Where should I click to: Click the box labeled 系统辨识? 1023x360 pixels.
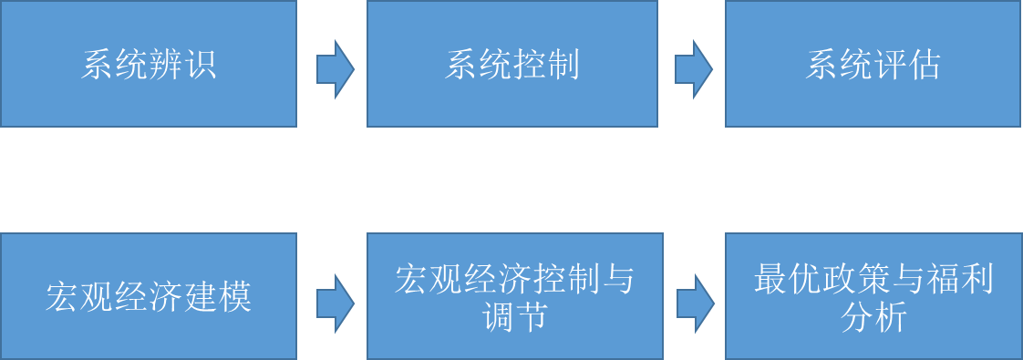[x=148, y=64]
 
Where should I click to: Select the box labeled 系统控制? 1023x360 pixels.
[x=511, y=64]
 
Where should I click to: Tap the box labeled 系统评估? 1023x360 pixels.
[x=873, y=64]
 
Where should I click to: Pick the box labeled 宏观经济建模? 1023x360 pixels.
[x=148, y=296]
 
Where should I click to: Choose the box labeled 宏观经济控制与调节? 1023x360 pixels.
[x=513, y=296]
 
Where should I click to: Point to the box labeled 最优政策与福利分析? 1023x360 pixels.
[x=873, y=296]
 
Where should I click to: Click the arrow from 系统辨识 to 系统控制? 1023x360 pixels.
[x=335, y=69]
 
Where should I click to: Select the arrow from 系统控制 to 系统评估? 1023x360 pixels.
[x=693, y=69]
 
